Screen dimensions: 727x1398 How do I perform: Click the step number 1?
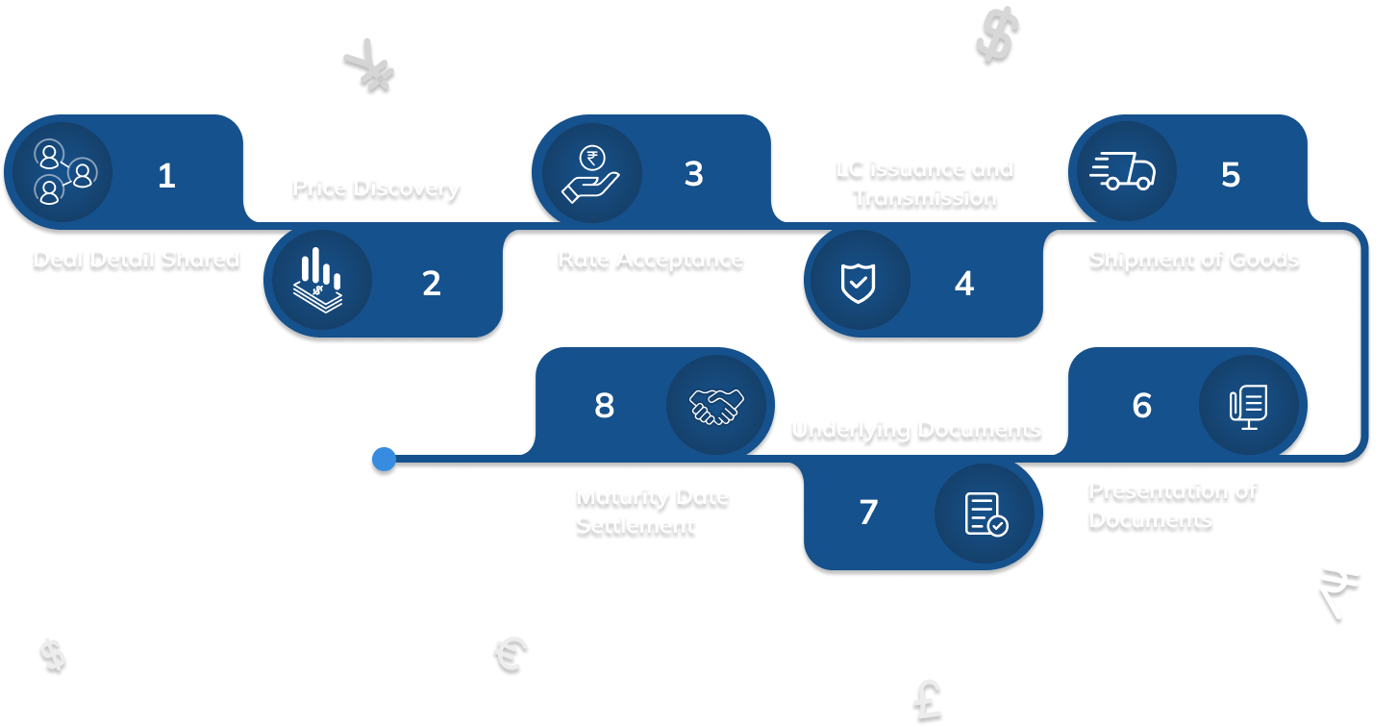pyautogui.click(x=166, y=176)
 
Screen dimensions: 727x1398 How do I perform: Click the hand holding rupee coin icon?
pyautogui.click(x=587, y=173)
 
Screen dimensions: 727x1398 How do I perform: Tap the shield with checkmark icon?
pyautogui.click(x=859, y=282)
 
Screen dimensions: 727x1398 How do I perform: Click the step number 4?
pyautogui.click(x=963, y=284)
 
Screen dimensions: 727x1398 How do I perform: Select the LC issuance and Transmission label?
pyautogui.click(x=924, y=183)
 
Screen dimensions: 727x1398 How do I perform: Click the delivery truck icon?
pyautogui.click(x=1123, y=173)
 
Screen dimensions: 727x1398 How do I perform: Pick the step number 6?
pyautogui.click(x=1141, y=406)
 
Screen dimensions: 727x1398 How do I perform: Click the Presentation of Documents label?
pyautogui.click(x=1172, y=505)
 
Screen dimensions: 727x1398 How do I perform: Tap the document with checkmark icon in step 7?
pyautogui.click(x=986, y=513)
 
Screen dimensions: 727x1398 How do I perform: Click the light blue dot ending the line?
pyautogui.click(x=384, y=461)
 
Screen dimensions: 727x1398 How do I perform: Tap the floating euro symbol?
pyautogui.click(x=509, y=655)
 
